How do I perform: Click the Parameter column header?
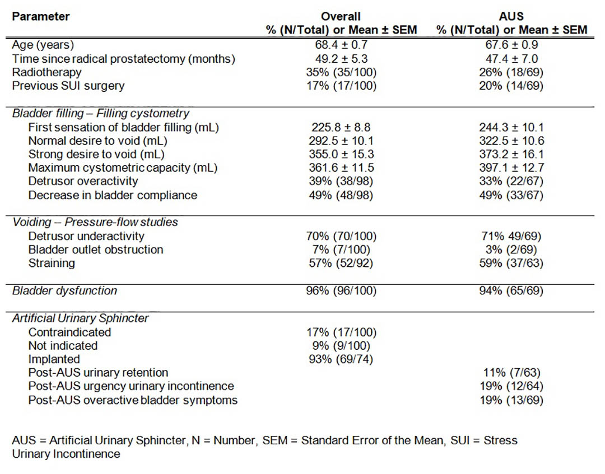(40, 17)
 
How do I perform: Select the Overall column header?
(341, 17)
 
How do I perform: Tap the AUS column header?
(511, 17)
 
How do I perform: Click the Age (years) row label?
(43, 45)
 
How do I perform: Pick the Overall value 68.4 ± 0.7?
(341, 45)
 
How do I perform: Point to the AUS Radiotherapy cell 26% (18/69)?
(511, 72)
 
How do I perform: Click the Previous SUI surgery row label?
(68, 86)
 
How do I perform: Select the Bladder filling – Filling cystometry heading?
(101, 113)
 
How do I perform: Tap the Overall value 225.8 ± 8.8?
(341, 127)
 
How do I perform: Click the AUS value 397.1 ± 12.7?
(511, 168)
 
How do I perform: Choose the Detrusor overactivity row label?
(83, 181)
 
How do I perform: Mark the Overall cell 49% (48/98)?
(341, 195)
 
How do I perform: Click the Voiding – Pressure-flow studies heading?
(95, 222)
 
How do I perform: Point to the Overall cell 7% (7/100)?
(341, 250)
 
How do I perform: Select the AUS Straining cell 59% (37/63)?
(511, 263)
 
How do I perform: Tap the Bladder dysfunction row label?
(64, 290)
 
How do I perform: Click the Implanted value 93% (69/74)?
(341, 359)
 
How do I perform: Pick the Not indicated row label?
(63, 346)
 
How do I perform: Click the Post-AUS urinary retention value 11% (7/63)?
(511, 373)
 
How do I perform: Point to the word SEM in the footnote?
(274, 440)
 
